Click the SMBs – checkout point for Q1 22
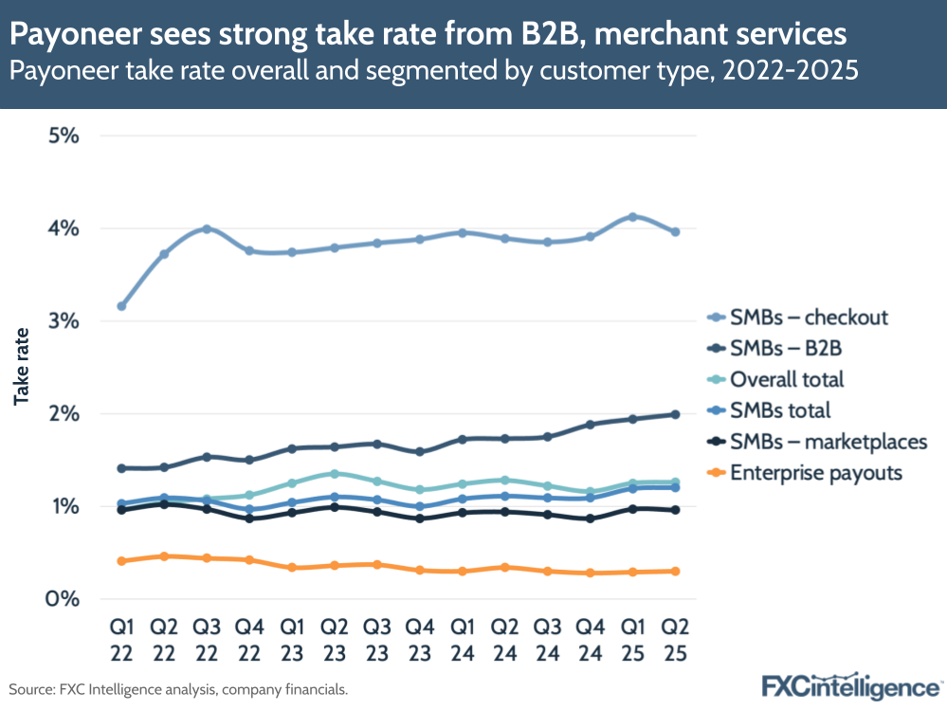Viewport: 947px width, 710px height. pyautogui.click(x=121, y=306)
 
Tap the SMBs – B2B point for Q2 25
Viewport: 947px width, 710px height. pyautogui.click(x=675, y=414)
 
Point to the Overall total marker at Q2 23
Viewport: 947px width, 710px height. pyautogui.click(x=334, y=473)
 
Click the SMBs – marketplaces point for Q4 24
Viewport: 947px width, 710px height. pyautogui.click(x=590, y=519)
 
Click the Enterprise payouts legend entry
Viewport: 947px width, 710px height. pyautogui.click(x=815, y=472)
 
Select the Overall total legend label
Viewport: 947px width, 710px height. pyautogui.click(x=786, y=379)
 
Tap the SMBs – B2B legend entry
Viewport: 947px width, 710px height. pyautogui.click(x=785, y=349)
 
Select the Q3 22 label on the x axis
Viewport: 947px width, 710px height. pyautogui.click(x=207, y=640)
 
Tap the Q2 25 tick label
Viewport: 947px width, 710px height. pyautogui.click(x=675, y=640)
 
